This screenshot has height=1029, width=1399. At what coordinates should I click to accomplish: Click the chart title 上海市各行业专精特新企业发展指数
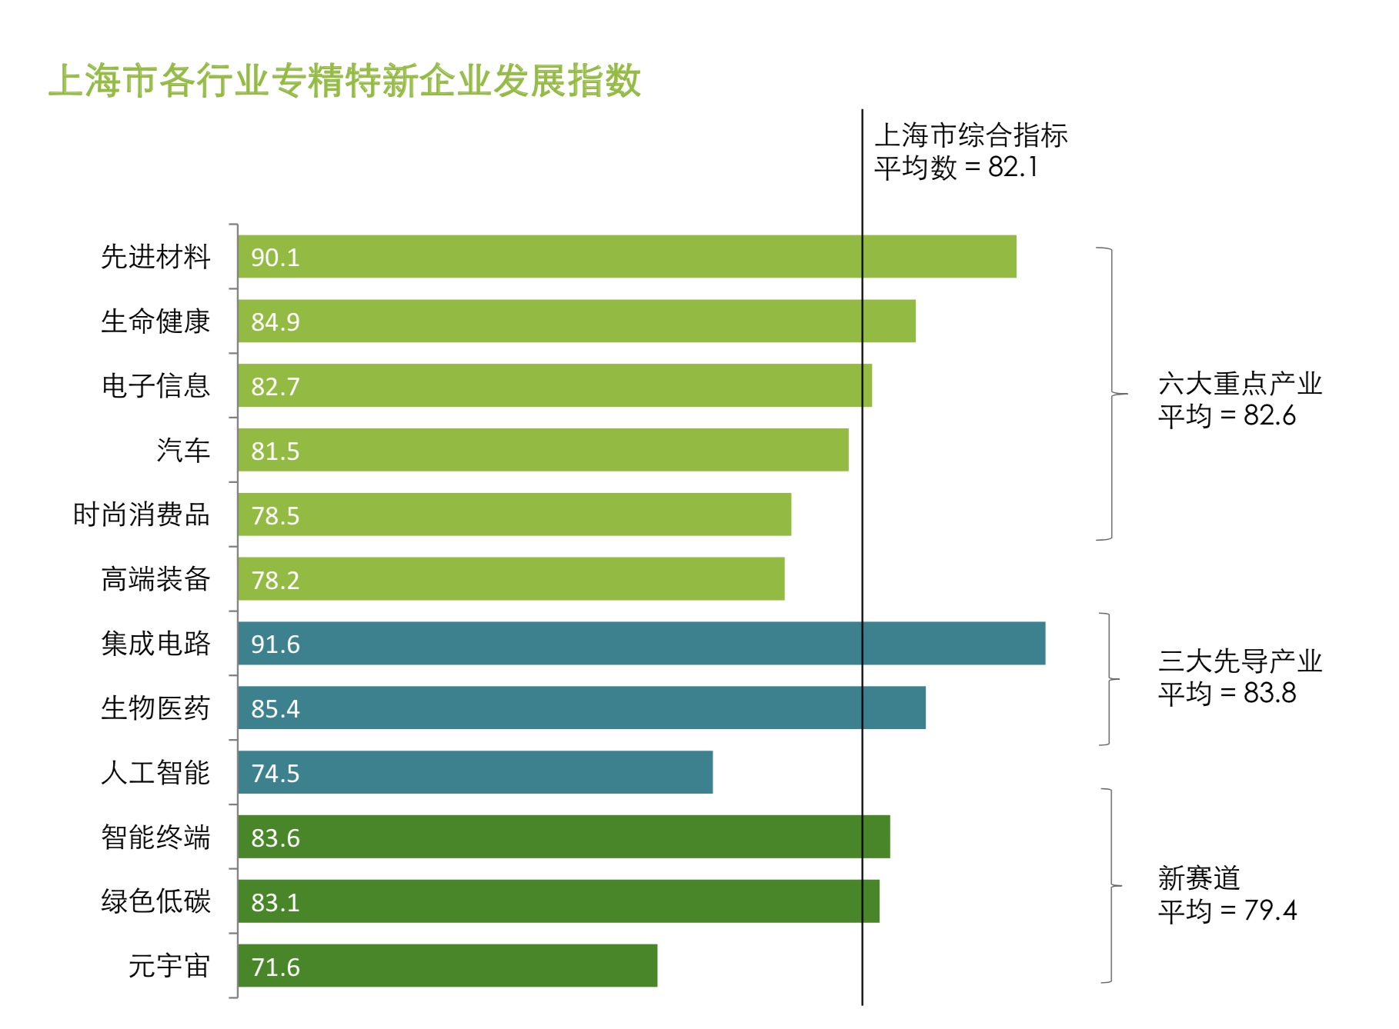[x=344, y=81]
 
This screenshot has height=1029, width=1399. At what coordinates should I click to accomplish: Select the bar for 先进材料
[x=626, y=257]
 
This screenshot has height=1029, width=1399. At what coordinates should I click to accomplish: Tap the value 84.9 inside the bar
[x=275, y=322]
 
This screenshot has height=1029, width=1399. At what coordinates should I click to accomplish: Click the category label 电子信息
[x=155, y=386]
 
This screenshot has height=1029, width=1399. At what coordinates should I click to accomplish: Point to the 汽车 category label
[x=183, y=451]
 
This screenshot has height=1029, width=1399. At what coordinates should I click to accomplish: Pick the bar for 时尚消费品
[x=514, y=515]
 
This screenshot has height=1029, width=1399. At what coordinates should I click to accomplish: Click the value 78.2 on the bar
[x=275, y=581]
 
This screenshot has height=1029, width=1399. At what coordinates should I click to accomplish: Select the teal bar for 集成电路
[x=641, y=644]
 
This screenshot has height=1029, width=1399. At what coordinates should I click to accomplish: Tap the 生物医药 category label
[x=155, y=708]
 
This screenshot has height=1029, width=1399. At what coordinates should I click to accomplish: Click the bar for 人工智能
[x=475, y=773]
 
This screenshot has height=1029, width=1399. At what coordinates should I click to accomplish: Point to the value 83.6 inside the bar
[x=275, y=838]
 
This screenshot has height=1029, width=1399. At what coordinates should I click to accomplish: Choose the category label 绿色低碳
[x=155, y=902]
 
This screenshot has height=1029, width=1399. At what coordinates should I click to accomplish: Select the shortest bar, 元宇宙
[x=447, y=966]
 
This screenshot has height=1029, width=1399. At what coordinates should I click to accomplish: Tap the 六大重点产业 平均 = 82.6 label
[x=1239, y=400]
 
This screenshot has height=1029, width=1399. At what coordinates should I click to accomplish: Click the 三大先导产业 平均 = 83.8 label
[x=1239, y=678]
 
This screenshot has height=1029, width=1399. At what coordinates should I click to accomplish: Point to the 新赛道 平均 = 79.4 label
[x=1227, y=894]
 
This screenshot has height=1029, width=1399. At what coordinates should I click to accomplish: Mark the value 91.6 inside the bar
[x=275, y=644]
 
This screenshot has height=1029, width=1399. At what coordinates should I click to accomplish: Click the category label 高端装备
[x=155, y=580]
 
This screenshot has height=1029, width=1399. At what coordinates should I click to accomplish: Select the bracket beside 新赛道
[x=1110, y=886]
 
